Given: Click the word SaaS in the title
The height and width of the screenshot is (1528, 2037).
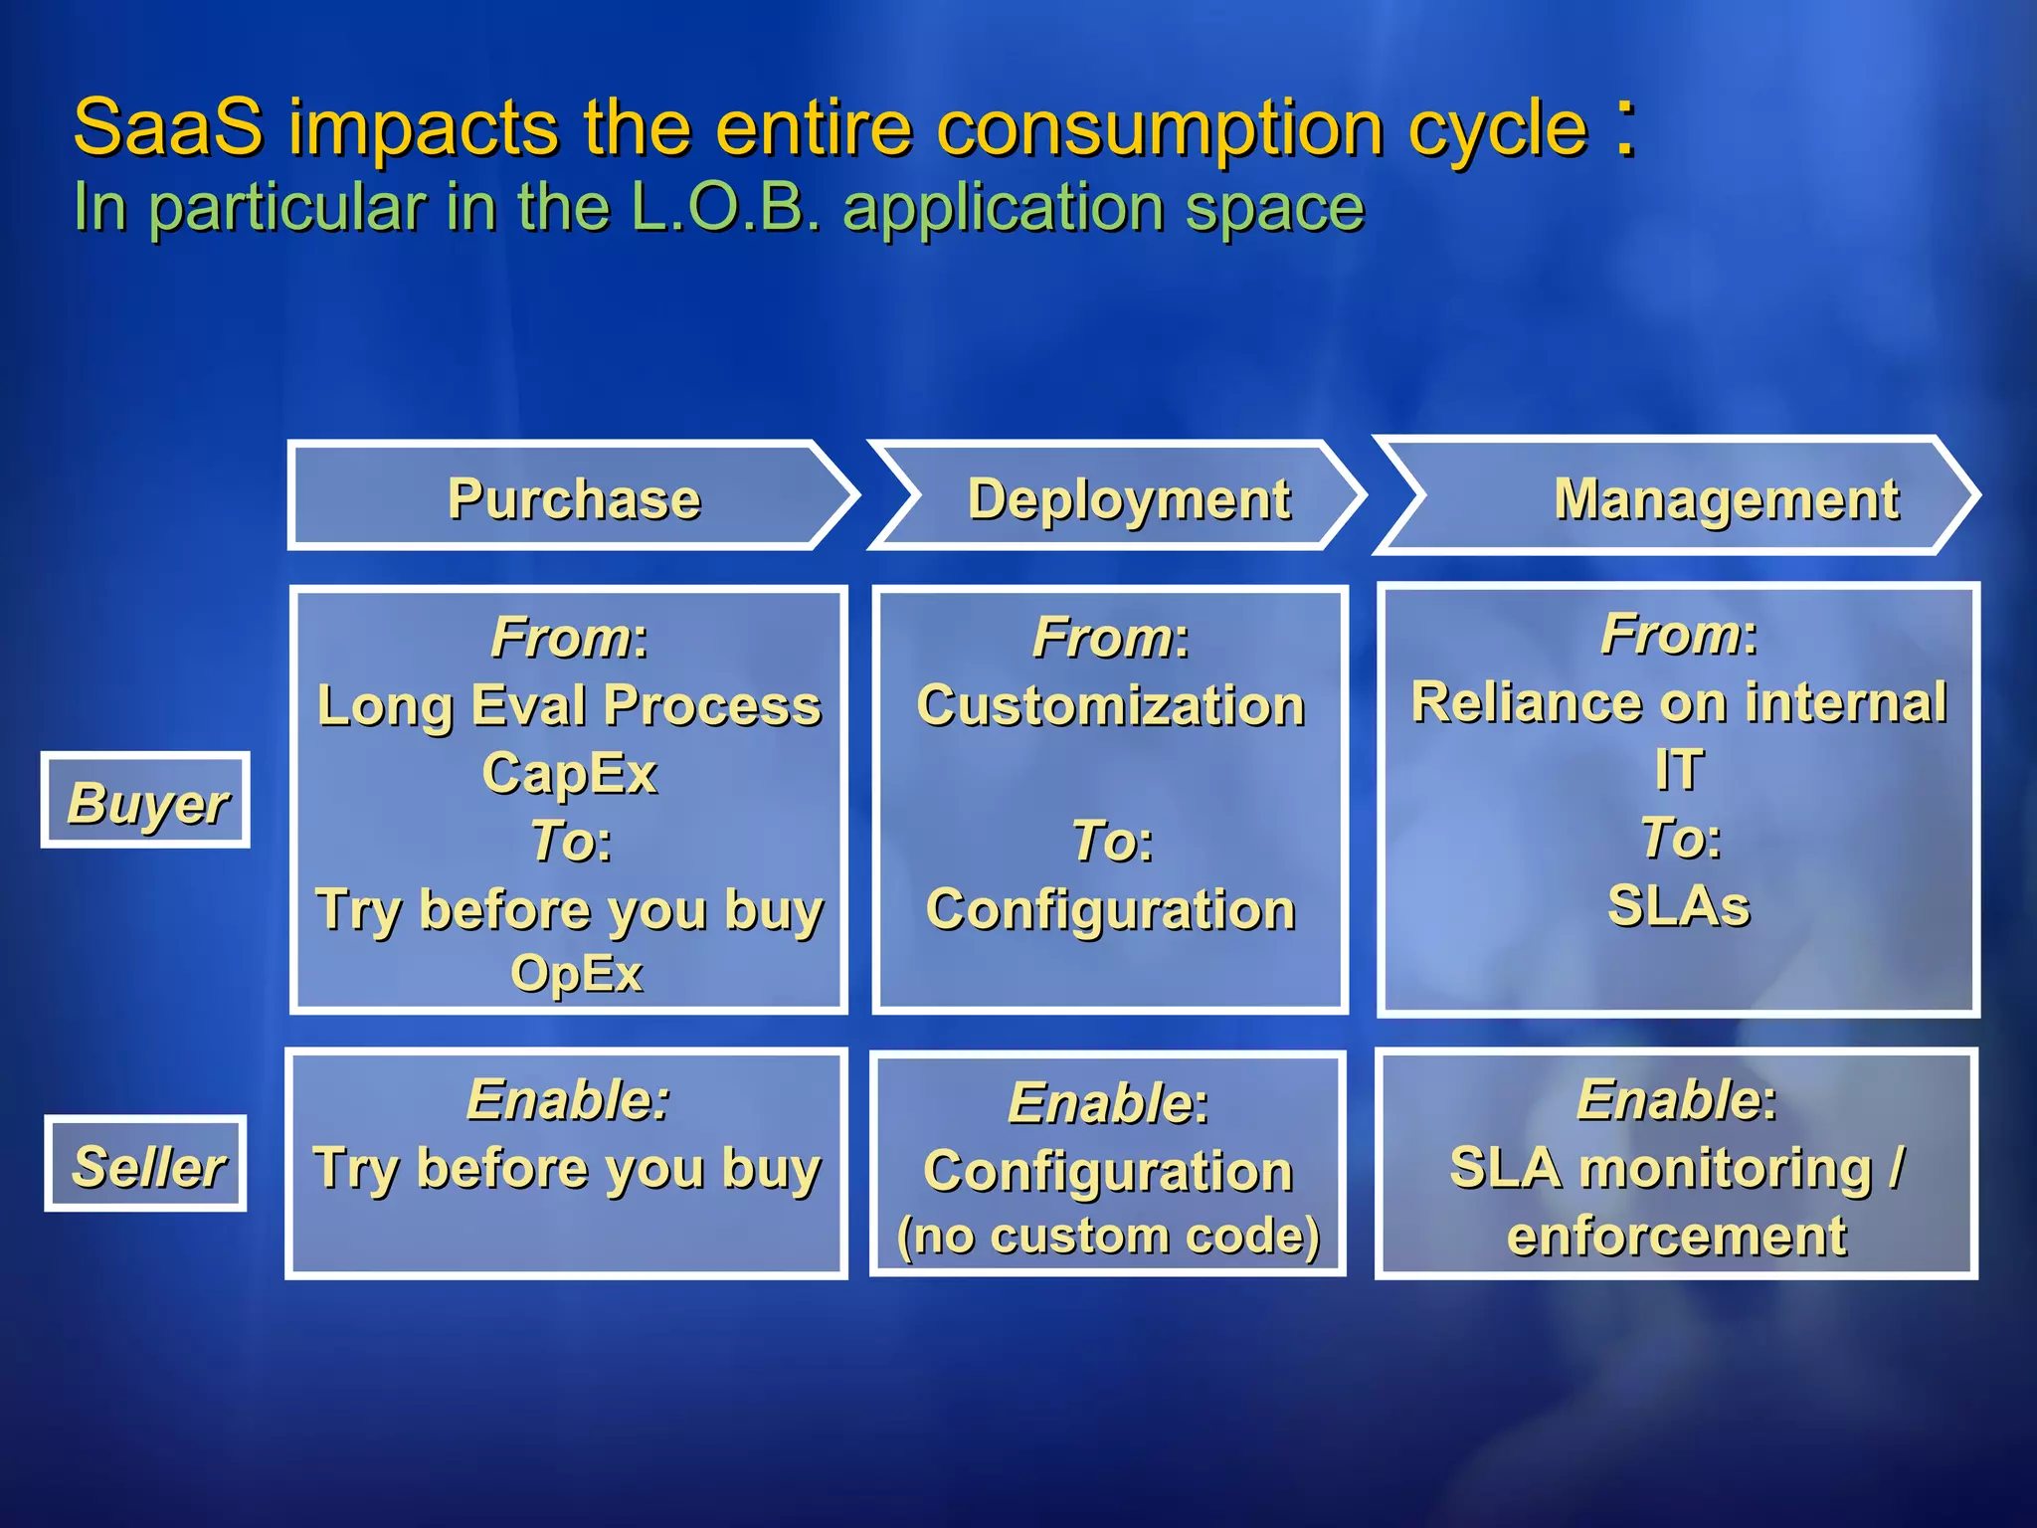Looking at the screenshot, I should pyautogui.click(x=168, y=127).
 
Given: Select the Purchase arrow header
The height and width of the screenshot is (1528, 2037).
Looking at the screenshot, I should pyautogui.click(x=573, y=498).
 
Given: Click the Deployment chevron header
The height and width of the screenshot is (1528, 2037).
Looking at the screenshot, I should pyautogui.click(x=1128, y=498).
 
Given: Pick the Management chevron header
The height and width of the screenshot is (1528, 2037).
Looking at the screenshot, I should pyautogui.click(x=1725, y=498).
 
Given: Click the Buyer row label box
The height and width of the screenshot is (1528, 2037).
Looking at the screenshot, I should pyautogui.click(x=146, y=802).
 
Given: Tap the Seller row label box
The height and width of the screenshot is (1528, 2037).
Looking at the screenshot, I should pyautogui.click(x=146, y=1165).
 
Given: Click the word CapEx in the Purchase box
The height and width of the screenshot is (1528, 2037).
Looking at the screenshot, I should pyautogui.click(x=570, y=773).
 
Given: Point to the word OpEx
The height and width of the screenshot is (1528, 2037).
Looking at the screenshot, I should pyautogui.click(x=576, y=973).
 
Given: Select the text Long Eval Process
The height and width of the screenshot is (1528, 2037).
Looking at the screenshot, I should pyautogui.click(x=570, y=705).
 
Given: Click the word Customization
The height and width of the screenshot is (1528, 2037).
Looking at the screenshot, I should pyautogui.click(x=1110, y=705).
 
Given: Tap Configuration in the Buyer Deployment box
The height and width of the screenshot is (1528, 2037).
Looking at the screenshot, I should pyautogui.click(x=1110, y=909).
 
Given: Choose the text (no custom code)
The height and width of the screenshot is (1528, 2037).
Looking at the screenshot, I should pyautogui.click(x=1108, y=1236).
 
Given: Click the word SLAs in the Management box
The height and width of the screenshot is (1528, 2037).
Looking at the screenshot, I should pyautogui.click(x=1679, y=905).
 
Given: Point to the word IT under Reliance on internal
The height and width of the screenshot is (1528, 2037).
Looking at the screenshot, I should pyautogui.click(x=1679, y=770).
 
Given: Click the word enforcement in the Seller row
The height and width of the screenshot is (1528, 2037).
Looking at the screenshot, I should pyautogui.click(x=1677, y=1236).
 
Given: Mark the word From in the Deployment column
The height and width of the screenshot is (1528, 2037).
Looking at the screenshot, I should pyautogui.click(x=1102, y=637).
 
